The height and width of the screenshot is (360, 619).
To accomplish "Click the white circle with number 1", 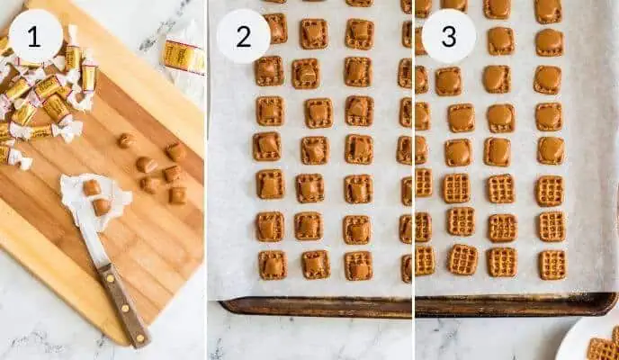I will click(x=35, y=36).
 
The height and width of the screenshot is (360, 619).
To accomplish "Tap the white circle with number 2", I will click(x=243, y=36).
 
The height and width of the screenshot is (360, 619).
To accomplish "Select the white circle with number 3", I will click(x=448, y=36).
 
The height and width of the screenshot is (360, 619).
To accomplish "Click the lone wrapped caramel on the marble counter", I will click(x=183, y=56).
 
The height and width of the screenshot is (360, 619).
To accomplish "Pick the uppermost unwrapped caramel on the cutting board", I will click(x=126, y=139).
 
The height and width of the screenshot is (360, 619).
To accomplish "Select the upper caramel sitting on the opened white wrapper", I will click(x=91, y=187).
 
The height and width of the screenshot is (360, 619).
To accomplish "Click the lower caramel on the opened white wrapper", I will click(x=101, y=206).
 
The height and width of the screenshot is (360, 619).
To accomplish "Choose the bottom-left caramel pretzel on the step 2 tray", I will click(x=272, y=265).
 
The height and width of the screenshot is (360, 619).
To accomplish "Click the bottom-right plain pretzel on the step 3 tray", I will click(x=552, y=264).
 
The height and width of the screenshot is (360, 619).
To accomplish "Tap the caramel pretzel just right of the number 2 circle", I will click(x=313, y=33).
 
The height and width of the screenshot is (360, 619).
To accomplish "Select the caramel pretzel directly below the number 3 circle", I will click(x=448, y=81).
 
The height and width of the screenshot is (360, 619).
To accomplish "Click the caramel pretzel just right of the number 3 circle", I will click(x=500, y=40).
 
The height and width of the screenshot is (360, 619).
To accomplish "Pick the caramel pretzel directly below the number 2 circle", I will click(x=268, y=70).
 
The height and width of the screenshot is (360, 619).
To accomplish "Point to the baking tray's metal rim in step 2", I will click(x=315, y=307).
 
